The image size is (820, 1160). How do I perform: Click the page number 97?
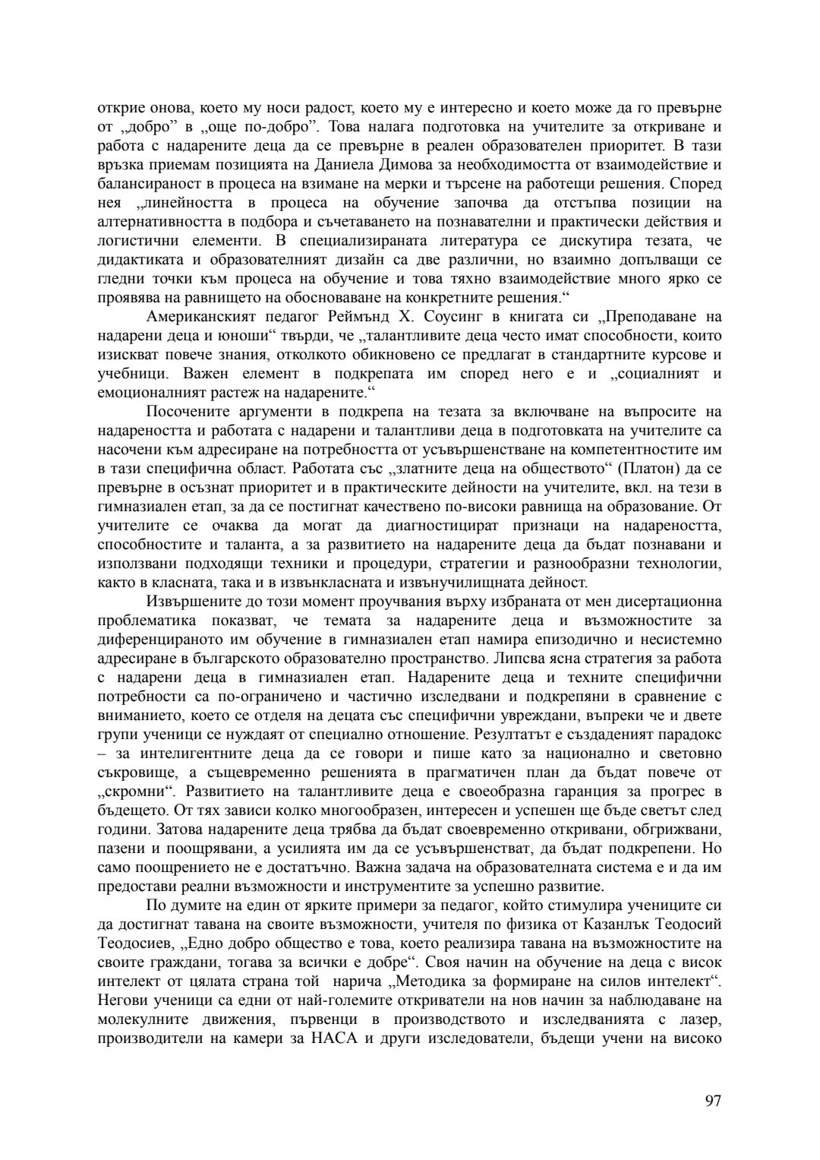click(712, 1102)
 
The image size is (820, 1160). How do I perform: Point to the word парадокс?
click(690, 734)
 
